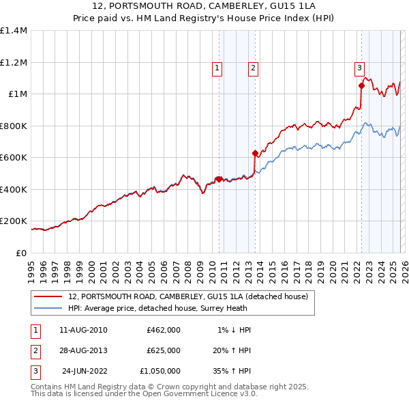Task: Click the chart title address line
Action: [x=204, y=7]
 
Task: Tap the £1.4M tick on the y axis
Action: [x=14, y=31]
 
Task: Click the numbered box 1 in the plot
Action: [x=217, y=68]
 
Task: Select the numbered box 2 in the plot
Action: [x=253, y=68]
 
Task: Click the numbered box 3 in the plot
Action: [x=359, y=68]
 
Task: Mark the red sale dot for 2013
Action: [x=255, y=154]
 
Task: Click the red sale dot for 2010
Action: [x=219, y=179]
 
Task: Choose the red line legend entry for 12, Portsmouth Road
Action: [x=188, y=296]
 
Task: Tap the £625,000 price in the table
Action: [x=163, y=350]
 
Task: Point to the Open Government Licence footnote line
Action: [x=144, y=394]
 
